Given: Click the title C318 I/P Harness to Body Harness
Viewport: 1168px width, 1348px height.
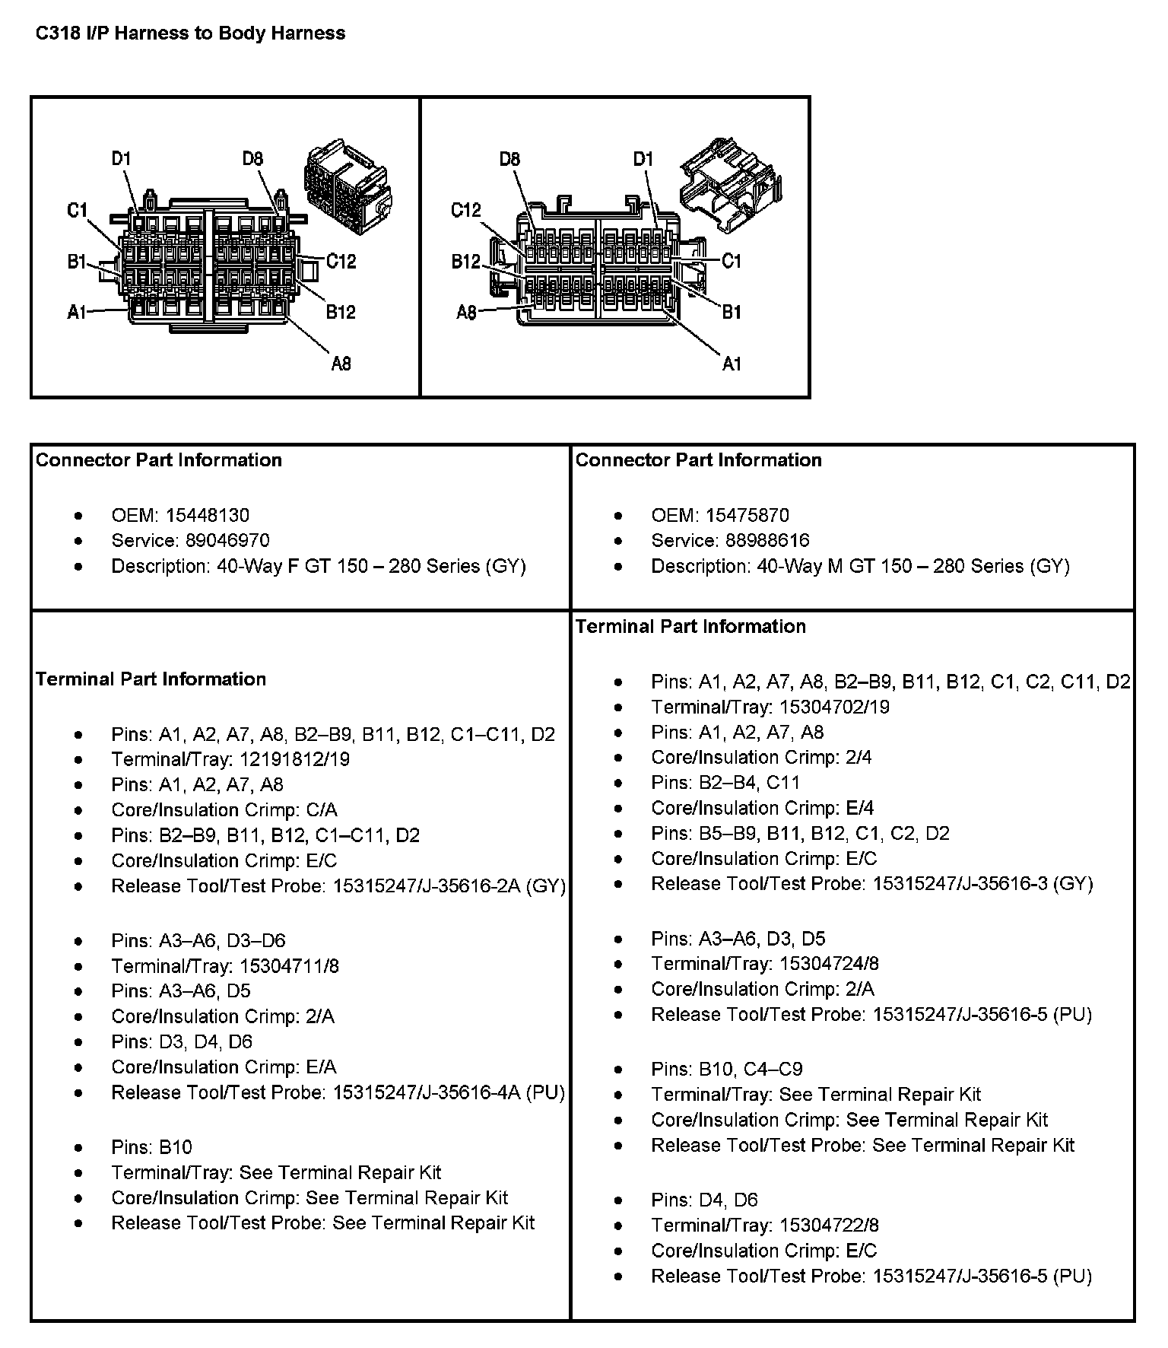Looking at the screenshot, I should [191, 33].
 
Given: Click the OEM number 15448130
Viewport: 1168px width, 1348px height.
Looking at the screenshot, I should [207, 515].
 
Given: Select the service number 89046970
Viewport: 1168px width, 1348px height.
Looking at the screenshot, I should [227, 540].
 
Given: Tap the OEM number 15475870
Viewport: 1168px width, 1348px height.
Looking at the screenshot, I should [747, 515].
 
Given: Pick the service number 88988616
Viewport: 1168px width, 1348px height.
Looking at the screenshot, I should [766, 540].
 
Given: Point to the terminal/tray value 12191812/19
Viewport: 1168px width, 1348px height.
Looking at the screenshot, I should [294, 759].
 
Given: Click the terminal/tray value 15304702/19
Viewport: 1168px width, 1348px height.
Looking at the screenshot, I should [834, 707].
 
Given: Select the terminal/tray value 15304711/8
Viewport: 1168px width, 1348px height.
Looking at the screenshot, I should [289, 966].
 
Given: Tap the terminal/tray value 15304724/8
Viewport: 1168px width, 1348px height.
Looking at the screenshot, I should [829, 964].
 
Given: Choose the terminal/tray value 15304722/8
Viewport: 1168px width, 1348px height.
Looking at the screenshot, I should [829, 1226].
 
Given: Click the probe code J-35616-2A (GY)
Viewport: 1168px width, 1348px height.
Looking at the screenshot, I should [496, 886].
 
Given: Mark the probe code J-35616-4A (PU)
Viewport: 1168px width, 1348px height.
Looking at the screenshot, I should [495, 1093].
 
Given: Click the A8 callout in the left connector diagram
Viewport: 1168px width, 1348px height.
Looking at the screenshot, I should [341, 364].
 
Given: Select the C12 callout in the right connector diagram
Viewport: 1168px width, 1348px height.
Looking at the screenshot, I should [465, 210].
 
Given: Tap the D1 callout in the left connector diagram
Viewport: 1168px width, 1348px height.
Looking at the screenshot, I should [121, 159].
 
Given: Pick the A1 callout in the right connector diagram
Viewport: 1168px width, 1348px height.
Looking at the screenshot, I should [731, 364].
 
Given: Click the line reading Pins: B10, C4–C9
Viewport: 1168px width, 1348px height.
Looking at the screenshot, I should [726, 1069].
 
